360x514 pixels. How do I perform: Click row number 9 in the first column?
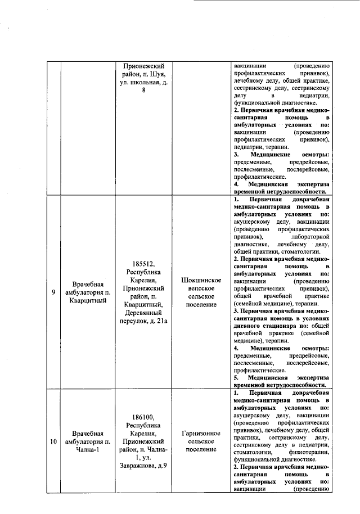coord(53,292)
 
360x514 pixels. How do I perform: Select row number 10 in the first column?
coord(53,441)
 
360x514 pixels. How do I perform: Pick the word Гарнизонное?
coord(200,434)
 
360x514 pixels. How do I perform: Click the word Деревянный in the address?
coord(143,313)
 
